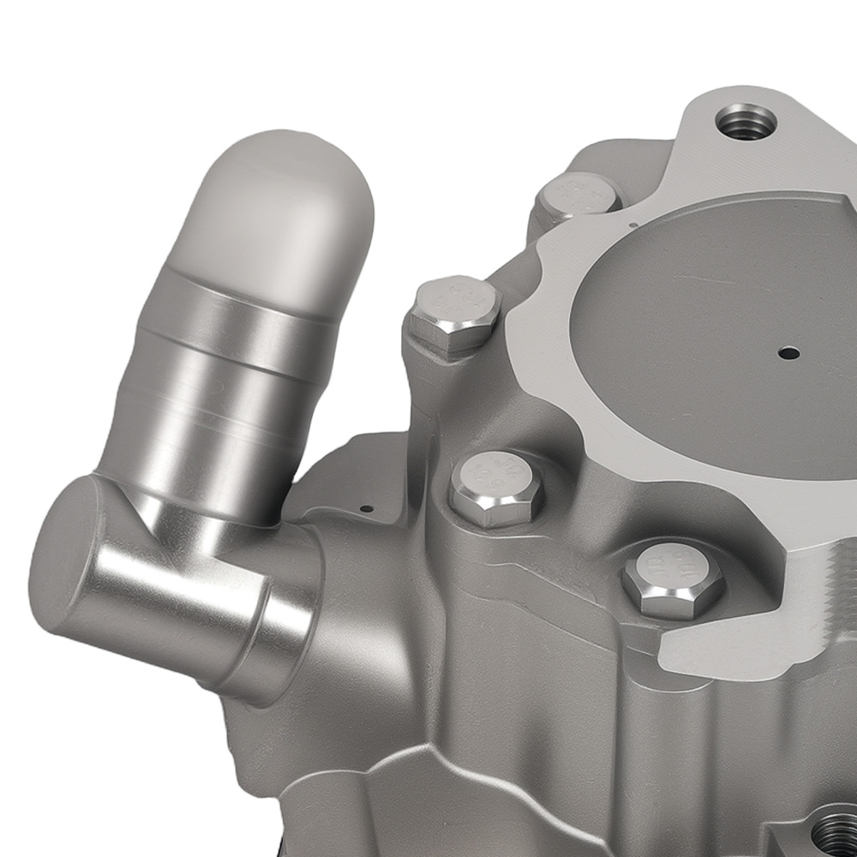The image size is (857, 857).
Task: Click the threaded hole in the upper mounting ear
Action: pos(745,121)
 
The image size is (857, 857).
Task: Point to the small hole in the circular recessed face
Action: pos(788,352)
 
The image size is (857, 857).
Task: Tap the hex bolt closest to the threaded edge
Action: pos(674,580)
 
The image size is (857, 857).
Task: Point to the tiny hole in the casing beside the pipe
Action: pos(366,507)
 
